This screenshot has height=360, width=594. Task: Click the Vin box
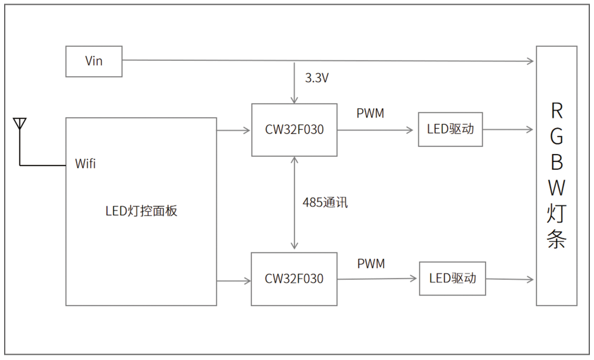[94, 61]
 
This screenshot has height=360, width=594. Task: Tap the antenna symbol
[19, 125]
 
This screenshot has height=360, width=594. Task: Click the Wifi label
[86, 164]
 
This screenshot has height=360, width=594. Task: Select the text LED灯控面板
[141, 211]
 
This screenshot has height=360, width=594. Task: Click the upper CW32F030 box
[294, 130]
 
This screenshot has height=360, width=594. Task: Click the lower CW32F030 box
[294, 279]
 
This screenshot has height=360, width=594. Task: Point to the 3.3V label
[317, 78]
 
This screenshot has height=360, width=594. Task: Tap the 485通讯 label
[325, 203]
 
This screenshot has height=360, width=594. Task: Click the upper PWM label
[370, 114]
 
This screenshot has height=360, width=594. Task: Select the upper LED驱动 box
[450, 129]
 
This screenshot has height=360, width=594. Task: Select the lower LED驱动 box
[452, 279]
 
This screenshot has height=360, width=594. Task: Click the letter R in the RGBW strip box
[557, 111]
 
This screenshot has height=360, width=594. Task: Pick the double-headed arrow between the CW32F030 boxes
[295, 203]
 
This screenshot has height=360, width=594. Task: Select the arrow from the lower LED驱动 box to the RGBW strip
[510, 279]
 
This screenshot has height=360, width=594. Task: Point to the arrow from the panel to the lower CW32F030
[234, 282]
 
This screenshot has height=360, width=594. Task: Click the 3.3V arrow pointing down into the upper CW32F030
[295, 83]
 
